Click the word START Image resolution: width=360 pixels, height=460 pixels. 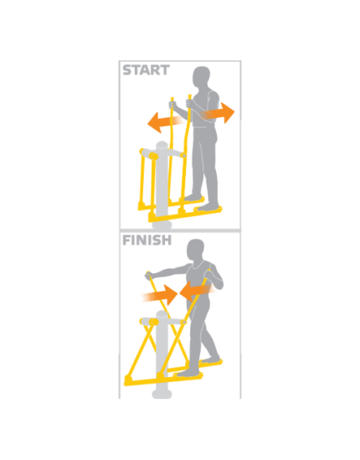pyautogui.click(x=146, y=70)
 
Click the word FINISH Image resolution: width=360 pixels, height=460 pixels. pyautogui.click(x=147, y=240)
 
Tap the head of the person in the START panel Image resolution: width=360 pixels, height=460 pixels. pyautogui.click(x=201, y=77)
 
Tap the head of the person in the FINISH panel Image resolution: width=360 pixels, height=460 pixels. pyautogui.click(x=195, y=249)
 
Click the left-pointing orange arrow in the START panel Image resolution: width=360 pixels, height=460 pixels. pyautogui.click(x=165, y=122)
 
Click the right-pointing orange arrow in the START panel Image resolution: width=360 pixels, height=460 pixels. pyautogui.click(x=217, y=113)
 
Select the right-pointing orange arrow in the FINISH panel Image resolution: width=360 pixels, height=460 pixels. pyautogui.click(x=160, y=295)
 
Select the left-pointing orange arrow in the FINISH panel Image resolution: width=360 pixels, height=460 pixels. pyautogui.click(x=197, y=291)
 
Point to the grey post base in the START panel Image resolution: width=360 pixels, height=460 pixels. pyautogui.click(x=162, y=225)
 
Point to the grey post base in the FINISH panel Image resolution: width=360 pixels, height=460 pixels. pyautogui.click(x=162, y=394)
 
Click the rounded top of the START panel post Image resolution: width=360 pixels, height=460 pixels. pyautogui.click(x=162, y=145)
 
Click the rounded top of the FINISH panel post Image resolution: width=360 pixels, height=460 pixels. pyautogui.click(x=162, y=314)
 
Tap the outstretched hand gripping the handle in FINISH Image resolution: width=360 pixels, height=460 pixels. pyautogui.click(x=149, y=276)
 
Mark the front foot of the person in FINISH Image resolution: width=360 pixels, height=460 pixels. pyautogui.click(x=188, y=373)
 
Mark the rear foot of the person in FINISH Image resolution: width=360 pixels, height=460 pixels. pyautogui.click(x=210, y=359)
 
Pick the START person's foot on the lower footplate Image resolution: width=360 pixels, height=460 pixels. pyautogui.click(x=208, y=207)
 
